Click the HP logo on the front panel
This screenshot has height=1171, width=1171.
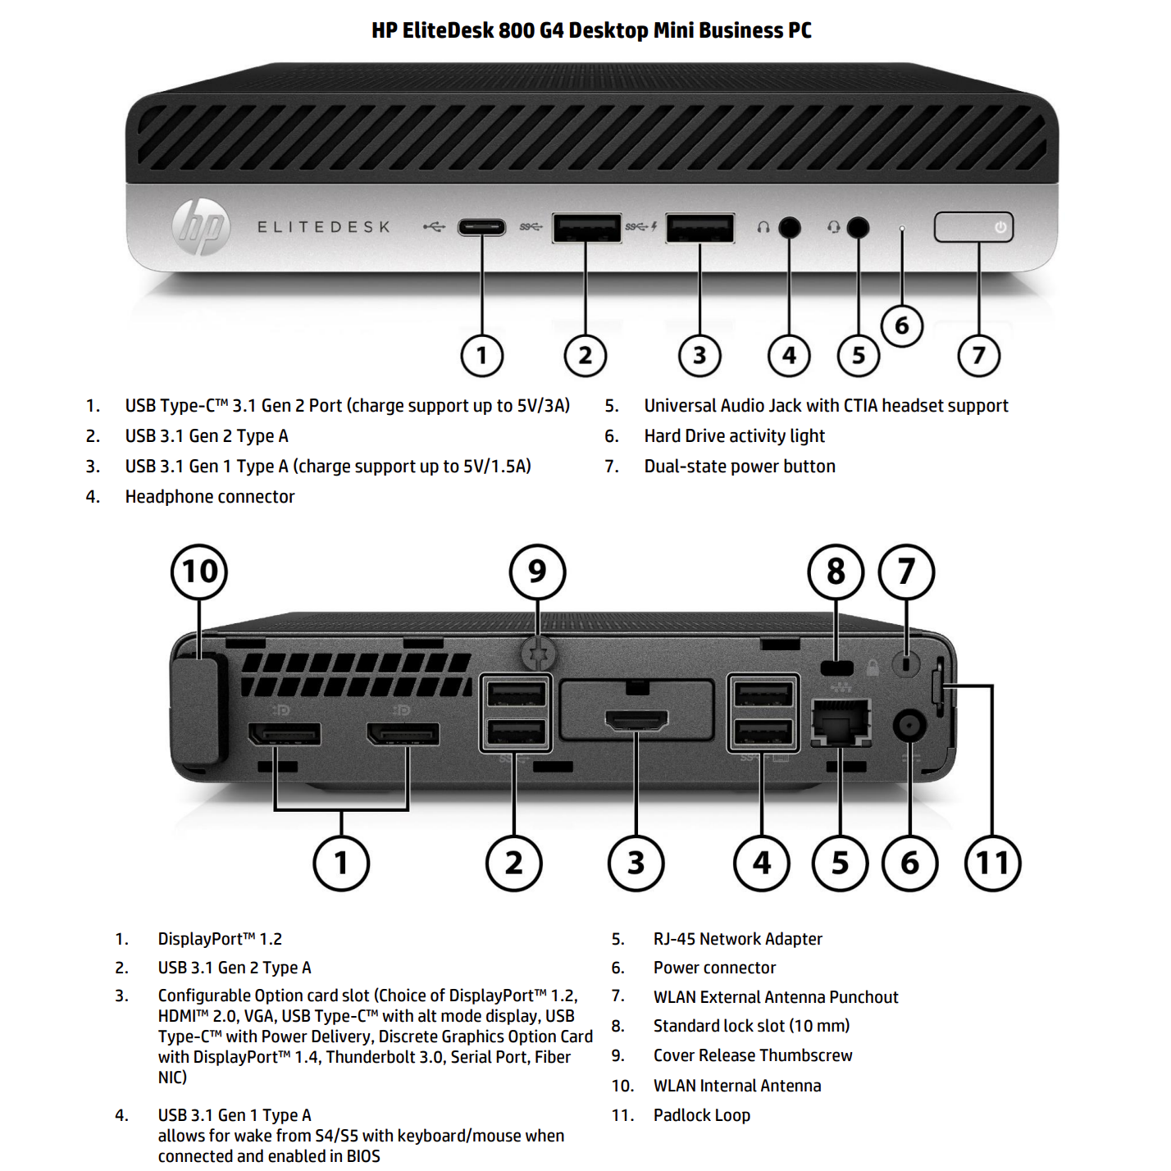point(201,226)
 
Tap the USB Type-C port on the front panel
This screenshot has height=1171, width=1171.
point(481,226)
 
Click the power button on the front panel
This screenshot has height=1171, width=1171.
point(973,227)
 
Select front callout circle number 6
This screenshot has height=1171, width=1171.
point(901,326)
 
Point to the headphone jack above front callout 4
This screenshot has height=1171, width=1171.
point(789,227)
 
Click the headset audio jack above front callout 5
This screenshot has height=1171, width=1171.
point(858,227)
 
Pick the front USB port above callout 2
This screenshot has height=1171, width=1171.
point(585,228)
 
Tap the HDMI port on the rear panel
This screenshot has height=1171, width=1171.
point(636,721)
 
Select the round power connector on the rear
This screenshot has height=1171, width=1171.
point(909,726)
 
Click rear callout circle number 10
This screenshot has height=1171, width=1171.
point(199,572)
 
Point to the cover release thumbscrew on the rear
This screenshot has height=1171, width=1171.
point(538,654)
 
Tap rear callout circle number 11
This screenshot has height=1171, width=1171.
point(992,863)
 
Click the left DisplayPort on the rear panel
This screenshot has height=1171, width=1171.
point(285,733)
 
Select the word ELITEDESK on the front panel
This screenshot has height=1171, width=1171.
point(324,227)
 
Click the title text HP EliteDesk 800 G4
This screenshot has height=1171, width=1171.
point(591,31)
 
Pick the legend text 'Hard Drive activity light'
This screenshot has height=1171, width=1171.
point(734,436)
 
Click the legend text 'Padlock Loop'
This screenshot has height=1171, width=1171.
point(701,1115)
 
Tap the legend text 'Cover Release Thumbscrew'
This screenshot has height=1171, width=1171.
point(752,1055)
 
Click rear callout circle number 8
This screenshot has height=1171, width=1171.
point(836,572)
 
